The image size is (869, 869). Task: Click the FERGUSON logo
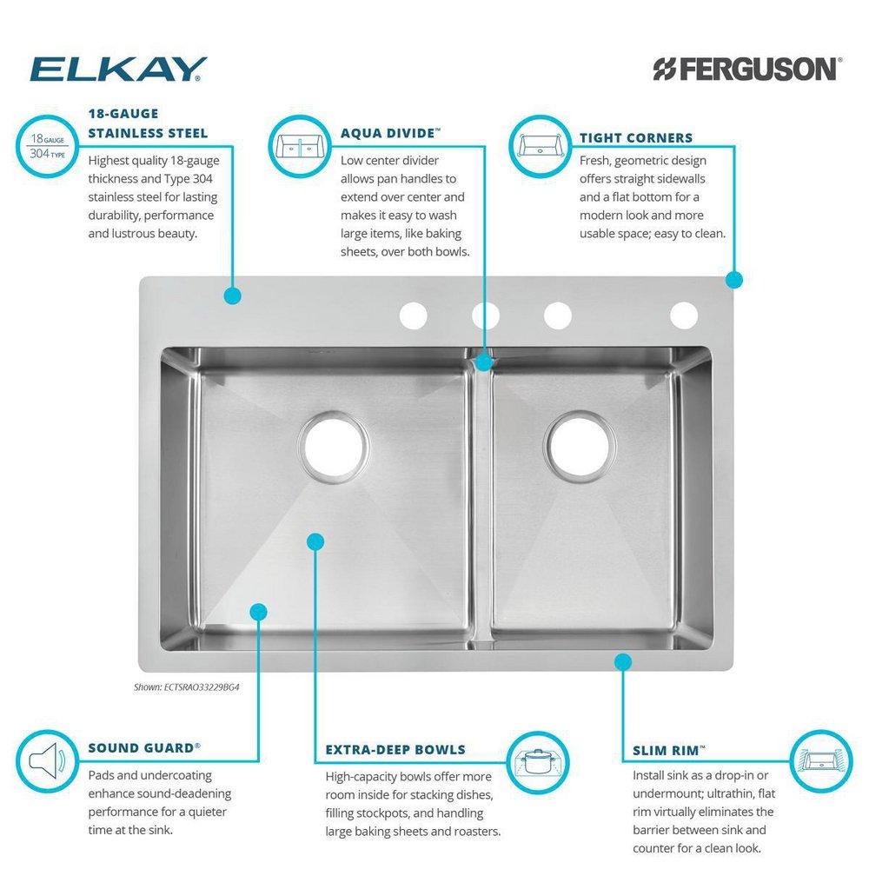coord(746,69)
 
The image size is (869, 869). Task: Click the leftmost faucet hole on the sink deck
coord(414,315)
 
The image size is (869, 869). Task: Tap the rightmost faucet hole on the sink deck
coord(684,315)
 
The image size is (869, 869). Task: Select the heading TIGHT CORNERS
coord(636,137)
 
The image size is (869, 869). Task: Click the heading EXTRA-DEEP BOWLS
coord(395,749)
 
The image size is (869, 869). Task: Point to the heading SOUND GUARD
coord(144,746)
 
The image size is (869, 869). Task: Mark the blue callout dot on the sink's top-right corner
coord(734,280)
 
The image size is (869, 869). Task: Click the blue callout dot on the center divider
coord(484,362)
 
